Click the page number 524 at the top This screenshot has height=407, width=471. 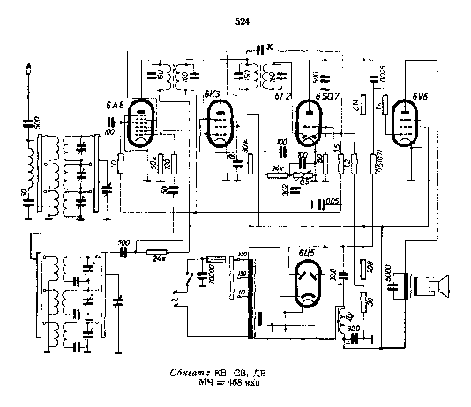tap(243, 21)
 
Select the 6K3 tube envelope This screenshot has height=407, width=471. tap(217, 123)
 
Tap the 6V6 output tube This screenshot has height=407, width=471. tap(406, 122)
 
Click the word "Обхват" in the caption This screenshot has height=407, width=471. tap(187, 374)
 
